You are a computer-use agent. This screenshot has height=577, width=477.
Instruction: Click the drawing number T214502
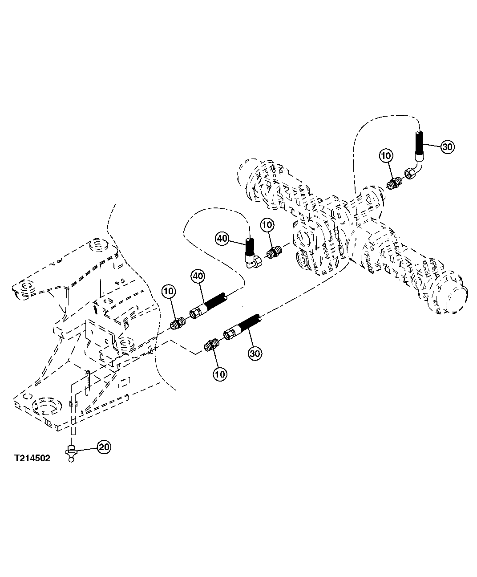pyautogui.click(x=32, y=458)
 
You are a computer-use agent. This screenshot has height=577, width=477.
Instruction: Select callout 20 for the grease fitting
pyautogui.click(x=104, y=447)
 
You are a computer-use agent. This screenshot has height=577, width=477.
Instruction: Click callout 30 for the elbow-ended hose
pyautogui.click(x=448, y=147)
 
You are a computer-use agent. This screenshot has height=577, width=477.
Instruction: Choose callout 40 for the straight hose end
pyautogui.click(x=198, y=276)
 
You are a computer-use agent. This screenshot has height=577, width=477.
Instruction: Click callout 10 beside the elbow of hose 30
pyautogui.click(x=386, y=156)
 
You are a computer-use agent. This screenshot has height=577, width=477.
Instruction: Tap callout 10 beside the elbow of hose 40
pyautogui.click(x=267, y=225)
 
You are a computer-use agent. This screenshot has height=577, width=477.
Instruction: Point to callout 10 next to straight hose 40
pyautogui.click(x=169, y=291)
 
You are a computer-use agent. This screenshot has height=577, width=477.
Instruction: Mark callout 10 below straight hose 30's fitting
pyautogui.click(x=220, y=374)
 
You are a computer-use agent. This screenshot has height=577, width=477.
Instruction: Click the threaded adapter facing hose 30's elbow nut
pyautogui.click(x=394, y=184)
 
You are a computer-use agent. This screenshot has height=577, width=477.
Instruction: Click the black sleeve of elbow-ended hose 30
pyautogui.click(x=419, y=143)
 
